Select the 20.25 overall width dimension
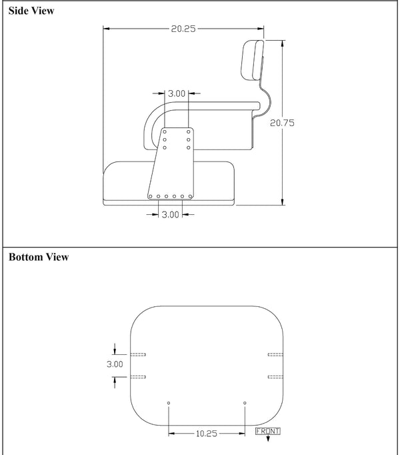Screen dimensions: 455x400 [x=183, y=29]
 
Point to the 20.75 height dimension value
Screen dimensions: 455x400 [x=282, y=123]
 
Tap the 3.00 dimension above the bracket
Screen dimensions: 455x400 [x=176, y=93]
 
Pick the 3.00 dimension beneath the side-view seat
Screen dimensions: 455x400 [x=171, y=214]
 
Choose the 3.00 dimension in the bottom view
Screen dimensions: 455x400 [x=115, y=364]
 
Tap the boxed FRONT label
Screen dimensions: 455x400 [x=268, y=431]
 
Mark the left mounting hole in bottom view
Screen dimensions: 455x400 [x=169, y=403]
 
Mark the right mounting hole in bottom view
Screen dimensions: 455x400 [x=245, y=403]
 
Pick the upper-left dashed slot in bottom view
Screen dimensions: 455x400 [x=139, y=354]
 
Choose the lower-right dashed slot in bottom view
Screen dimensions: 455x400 [x=275, y=377]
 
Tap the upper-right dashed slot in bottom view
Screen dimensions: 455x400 [x=275, y=354]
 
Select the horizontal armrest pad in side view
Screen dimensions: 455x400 [x=213, y=105]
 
